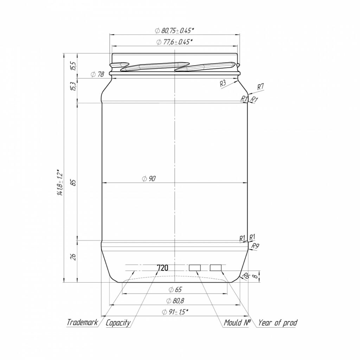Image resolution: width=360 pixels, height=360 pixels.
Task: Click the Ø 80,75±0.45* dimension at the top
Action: tap(174, 31)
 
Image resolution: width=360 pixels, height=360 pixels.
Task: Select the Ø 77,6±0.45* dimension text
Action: tap(174, 42)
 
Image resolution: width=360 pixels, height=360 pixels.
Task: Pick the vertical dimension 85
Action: tap(73, 183)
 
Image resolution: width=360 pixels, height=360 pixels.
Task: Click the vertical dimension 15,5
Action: tap(73, 66)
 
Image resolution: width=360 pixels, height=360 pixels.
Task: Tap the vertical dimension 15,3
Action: tap(73, 86)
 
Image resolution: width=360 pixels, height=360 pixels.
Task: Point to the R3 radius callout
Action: tap(223, 83)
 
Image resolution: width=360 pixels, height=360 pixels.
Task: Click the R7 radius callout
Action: tap(261, 86)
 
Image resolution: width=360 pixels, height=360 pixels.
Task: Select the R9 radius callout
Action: tap(256, 246)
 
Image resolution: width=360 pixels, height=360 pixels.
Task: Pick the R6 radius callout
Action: tap(246, 277)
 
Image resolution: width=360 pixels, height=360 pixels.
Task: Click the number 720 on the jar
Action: tap(162, 268)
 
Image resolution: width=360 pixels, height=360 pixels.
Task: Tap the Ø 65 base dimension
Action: tap(175, 290)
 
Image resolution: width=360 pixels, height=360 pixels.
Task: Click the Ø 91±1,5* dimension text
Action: tap(175, 312)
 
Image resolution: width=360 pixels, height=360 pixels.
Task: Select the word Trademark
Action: tap(82, 322)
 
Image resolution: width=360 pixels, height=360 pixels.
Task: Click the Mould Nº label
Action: tap(237, 322)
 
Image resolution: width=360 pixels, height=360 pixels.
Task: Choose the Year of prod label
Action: tap(277, 322)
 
